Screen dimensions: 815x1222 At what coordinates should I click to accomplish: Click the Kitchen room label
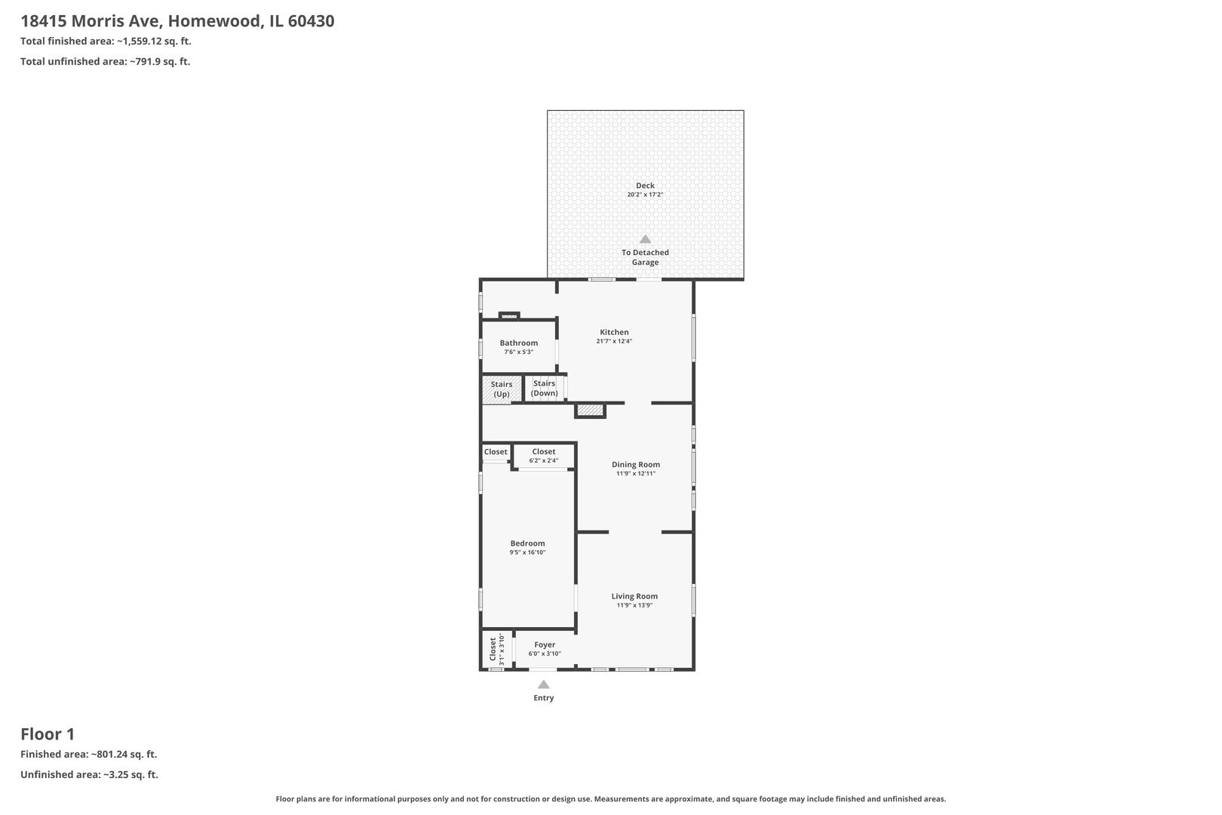[x=614, y=332]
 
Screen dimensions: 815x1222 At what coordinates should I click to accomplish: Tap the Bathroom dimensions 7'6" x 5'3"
[x=518, y=352]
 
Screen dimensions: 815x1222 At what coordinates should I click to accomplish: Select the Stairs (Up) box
[x=502, y=389]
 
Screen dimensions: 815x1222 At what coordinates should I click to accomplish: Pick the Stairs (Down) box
[x=545, y=389]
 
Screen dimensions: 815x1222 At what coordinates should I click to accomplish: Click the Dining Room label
[x=635, y=465]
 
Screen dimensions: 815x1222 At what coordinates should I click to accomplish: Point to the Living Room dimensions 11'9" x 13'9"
[x=634, y=605]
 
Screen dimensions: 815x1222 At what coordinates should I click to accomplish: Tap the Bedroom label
[x=527, y=543]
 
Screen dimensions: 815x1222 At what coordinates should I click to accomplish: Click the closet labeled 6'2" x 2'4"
[x=543, y=456]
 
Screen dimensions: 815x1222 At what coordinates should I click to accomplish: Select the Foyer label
[x=545, y=645]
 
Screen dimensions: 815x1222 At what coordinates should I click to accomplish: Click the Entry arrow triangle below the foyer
[x=543, y=684]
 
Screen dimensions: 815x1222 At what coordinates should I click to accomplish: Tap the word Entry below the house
[x=543, y=698]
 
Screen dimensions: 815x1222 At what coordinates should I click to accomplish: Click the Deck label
[x=645, y=186]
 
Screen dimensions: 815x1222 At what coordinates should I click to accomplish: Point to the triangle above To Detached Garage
[x=645, y=239]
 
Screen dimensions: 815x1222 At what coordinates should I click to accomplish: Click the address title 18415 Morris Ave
[x=177, y=21]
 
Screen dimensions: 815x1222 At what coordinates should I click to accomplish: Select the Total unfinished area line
[x=105, y=62]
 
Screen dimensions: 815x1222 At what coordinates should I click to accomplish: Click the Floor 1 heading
[x=48, y=733]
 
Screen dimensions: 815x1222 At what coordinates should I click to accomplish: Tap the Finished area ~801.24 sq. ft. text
[x=88, y=754]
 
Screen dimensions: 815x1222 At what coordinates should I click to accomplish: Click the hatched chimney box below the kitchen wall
[x=590, y=411]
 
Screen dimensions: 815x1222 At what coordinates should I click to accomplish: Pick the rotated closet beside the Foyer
[x=496, y=649]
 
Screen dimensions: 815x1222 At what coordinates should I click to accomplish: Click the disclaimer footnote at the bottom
[x=610, y=798]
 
